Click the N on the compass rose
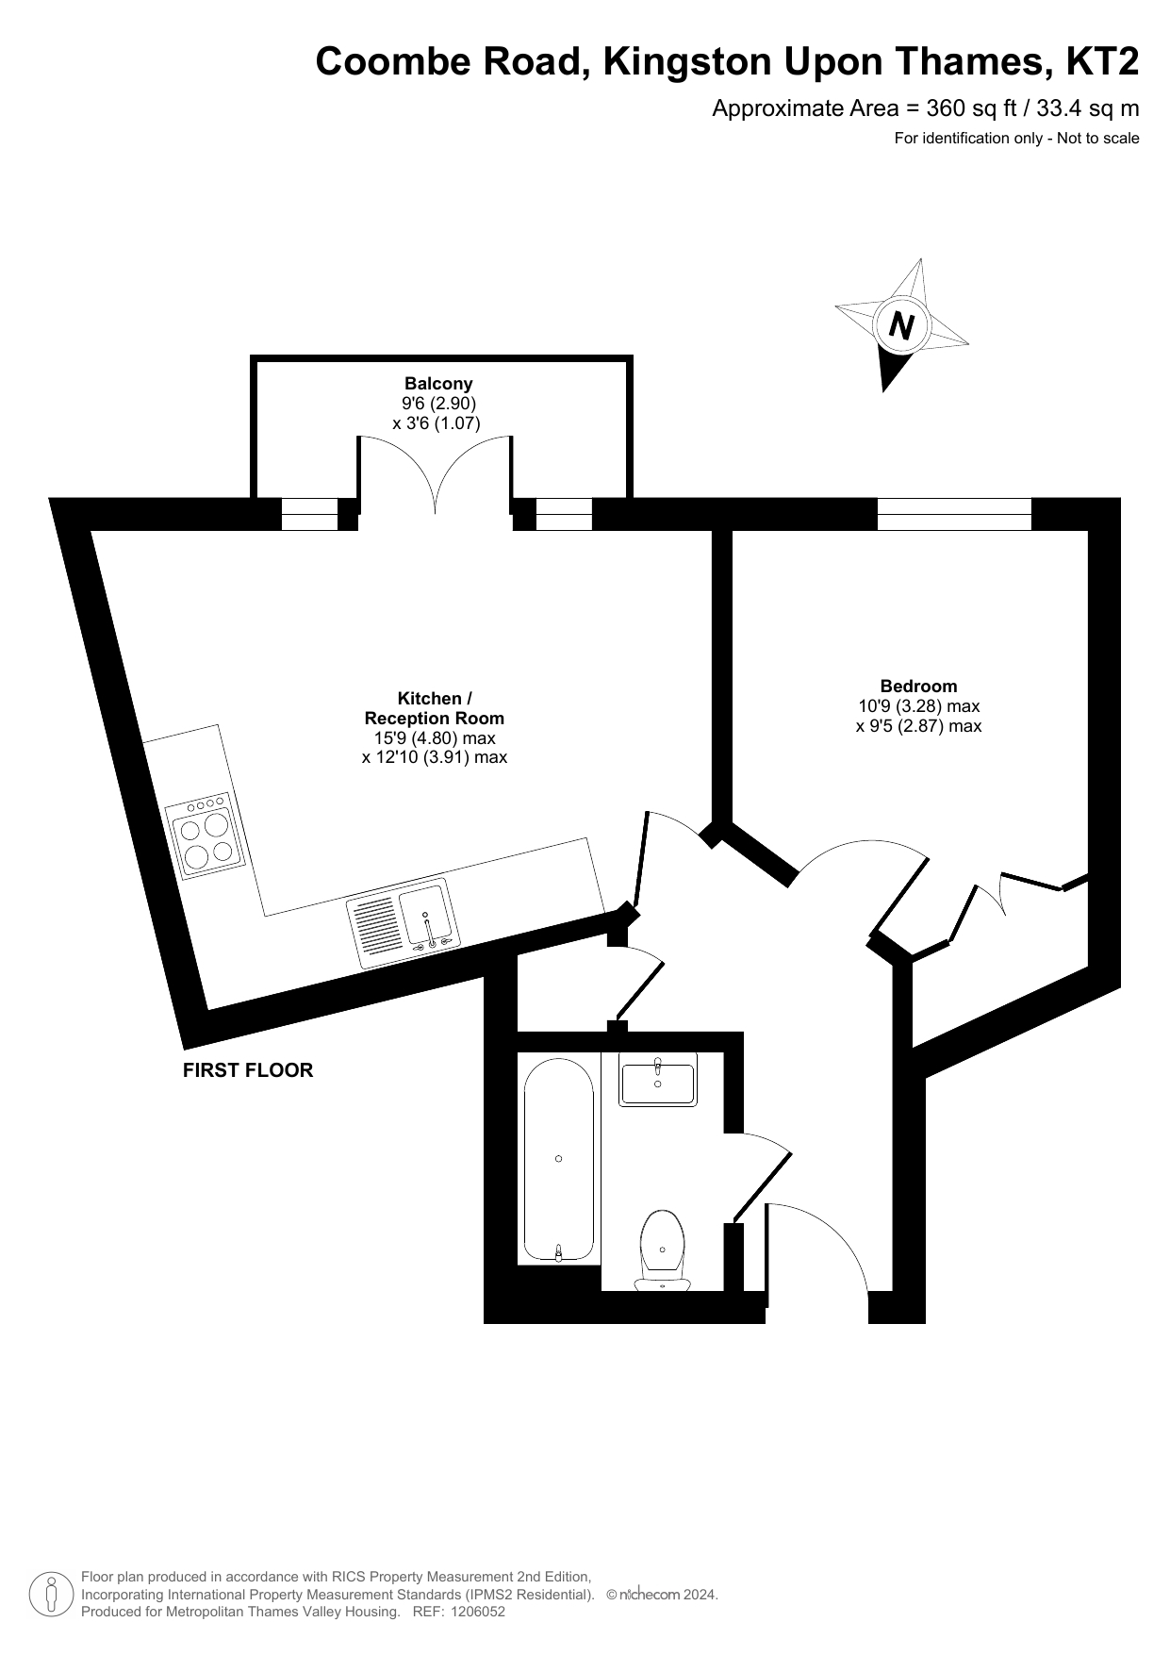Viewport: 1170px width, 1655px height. (902, 325)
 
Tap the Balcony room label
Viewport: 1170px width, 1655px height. (438, 383)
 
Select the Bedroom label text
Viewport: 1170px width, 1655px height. (918, 686)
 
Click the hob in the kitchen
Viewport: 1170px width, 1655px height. (205, 835)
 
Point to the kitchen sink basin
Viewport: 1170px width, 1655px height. (426, 913)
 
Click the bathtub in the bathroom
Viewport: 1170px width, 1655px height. (559, 1160)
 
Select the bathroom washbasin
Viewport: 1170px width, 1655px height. (658, 1082)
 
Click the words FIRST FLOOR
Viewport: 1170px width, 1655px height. (248, 1070)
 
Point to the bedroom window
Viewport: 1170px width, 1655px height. (954, 514)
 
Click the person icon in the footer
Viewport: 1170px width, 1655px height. (52, 1594)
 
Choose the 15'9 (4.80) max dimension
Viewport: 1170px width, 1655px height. (435, 737)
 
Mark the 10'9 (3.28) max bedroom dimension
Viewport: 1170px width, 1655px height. (918, 705)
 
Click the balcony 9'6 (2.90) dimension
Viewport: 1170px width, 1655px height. (438, 404)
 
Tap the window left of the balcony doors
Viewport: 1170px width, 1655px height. (309, 514)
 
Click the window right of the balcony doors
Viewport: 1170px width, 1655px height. (564, 514)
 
